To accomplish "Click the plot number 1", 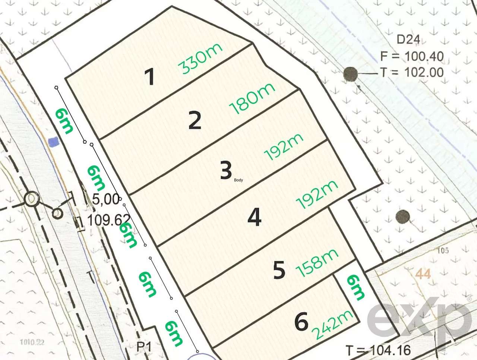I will [x=150, y=78].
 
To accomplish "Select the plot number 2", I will [x=195, y=120].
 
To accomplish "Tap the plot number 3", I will [x=226, y=171].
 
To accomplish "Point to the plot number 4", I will [x=254, y=217].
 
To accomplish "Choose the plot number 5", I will [x=279, y=270].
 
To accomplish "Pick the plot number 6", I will [x=301, y=322].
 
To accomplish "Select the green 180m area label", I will [x=252, y=98].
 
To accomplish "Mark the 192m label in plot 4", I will [x=317, y=195].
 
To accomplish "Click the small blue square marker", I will [x=54, y=142].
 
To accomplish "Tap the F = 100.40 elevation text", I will [x=412, y=56].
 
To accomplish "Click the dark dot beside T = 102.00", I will [x=350, y=74].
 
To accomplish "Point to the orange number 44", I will [x=423, y=274].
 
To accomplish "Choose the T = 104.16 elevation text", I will [x=378, y=350].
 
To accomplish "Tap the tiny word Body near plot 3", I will [x=238, y=180].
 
